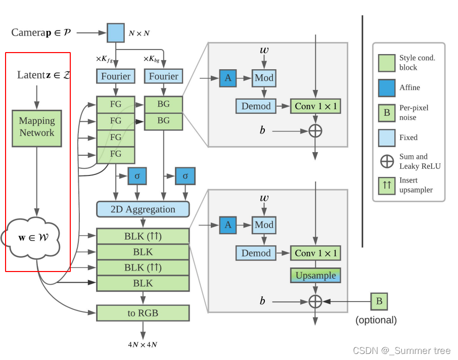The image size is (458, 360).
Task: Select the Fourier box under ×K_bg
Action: click(163, 76)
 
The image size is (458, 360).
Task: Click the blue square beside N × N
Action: click(115, 33)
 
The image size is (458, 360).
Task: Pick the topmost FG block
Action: click(116, 105)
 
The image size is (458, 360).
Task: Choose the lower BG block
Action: click(163, 120)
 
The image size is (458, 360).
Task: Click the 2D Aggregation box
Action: click(143, 209)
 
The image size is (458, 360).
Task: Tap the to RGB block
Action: click(143, 313)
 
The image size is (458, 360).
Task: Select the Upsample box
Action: click(315, 276)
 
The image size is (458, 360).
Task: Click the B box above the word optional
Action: click(379, 301)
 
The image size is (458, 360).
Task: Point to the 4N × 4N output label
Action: click(142, 345)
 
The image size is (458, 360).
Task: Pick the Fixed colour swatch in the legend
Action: click(387, 137)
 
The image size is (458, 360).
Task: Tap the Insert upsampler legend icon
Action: click(387, 185)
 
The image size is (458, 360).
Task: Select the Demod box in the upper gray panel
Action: click(256, 106)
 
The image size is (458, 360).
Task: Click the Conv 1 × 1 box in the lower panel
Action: click(315, 253)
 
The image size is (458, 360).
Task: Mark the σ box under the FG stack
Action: click(137, 176)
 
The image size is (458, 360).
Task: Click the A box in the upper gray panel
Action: click(228, 78)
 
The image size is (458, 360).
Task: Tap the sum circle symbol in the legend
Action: click(387, 161)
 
